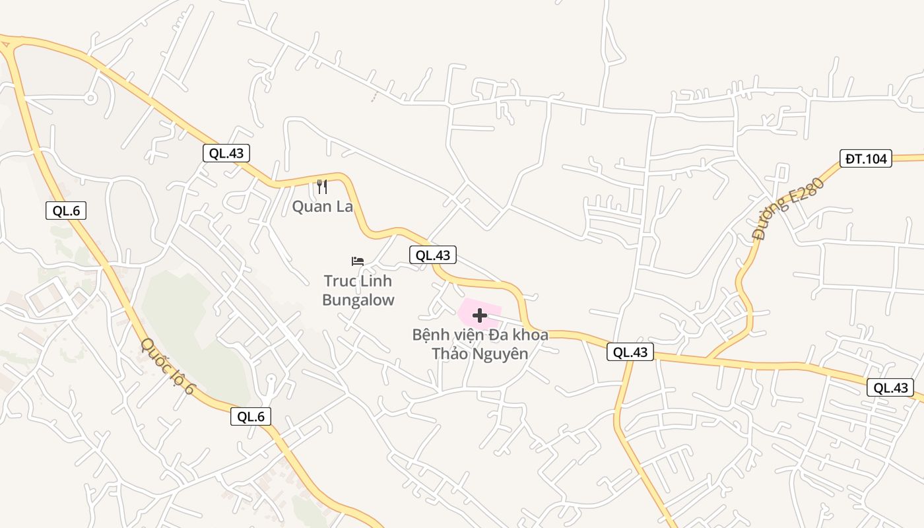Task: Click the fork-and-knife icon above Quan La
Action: [x=322, y=187]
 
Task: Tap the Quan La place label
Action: [x=322, y=207]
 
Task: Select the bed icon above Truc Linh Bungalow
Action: [x=358, y=261]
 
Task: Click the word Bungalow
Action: [x=358, y=300]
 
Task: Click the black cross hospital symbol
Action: [x=480, y=315]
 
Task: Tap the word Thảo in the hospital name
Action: [x=451, y=354]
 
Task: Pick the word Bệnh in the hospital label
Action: [x=432, y=335]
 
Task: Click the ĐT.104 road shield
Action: [x=866, y=158]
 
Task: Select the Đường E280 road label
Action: [x=779, y=209]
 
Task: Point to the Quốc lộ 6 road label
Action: [x=168, y=367]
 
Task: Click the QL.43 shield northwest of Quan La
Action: [x=226, y=153]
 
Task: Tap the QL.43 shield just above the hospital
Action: [x=432, y=255]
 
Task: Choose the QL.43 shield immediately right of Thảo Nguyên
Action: [x=630, y=352]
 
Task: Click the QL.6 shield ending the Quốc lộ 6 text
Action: [x=251, y=416]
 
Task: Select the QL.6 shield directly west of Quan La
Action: [x=66, y=211]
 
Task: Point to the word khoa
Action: [x=527, y=335]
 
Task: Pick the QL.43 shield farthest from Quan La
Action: [x=891, y=388]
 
